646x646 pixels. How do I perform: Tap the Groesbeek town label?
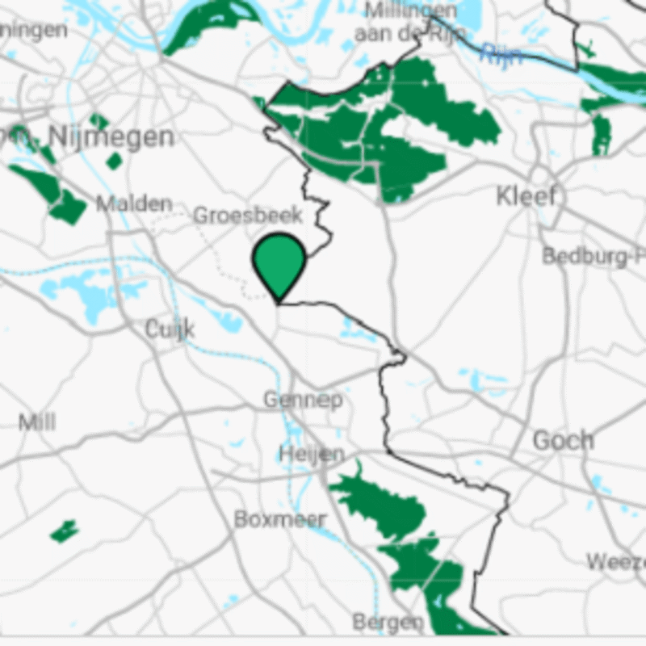click(248, 216)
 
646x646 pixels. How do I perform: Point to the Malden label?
click(134, 203)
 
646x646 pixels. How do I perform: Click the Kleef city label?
click(526, 196)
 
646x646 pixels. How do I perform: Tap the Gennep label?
click(303, 400)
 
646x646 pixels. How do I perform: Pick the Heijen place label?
click(312, 454)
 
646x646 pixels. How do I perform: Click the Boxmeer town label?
click(280, 519)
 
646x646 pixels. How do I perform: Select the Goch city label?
click(563, 441)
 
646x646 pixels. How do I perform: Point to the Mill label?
click(37, 422)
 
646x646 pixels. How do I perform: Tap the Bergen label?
click(388, 622)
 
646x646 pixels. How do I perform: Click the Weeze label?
click(615, 561)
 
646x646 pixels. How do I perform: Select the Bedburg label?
click(594, 257)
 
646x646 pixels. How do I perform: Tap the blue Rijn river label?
click(501, 55)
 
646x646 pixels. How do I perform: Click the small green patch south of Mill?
click(65, 531)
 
